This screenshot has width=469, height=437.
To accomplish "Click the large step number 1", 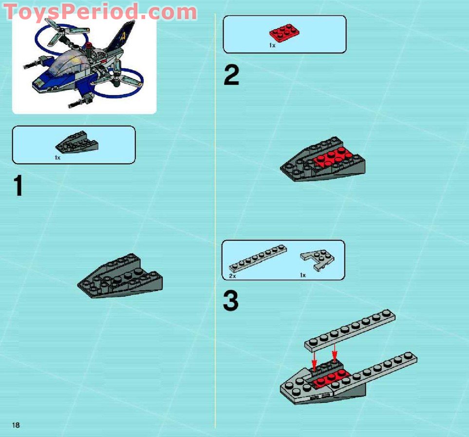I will click(x=18, y=187).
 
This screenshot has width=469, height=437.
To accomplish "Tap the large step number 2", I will click(x=231, y=76).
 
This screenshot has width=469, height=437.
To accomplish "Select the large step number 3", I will click(x=231, y=301).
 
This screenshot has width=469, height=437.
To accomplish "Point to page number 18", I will click(x=16, y=425).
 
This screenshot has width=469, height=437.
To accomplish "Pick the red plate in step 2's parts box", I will click(x=284, y=32).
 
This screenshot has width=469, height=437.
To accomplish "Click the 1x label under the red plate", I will click(x=272, y=45).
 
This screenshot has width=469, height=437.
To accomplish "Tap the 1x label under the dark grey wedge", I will click(x=57, y=157).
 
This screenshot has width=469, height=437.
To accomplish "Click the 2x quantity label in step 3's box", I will click(x=232, y=275).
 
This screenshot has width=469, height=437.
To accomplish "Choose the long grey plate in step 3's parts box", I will click(x=258, y=258).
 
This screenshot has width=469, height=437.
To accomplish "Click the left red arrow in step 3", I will click(x=315, y=361).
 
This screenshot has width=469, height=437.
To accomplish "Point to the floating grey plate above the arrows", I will click(x=350, y=331).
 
